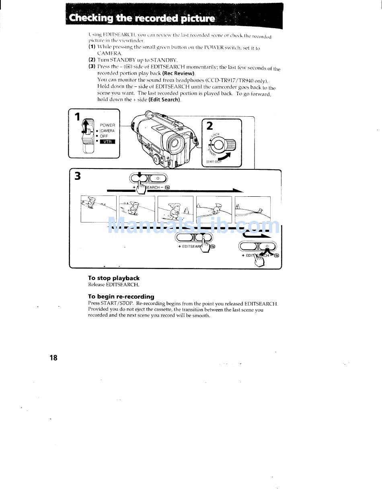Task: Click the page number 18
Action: [x=53, y=358]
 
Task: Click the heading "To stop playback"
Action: [x=114, y=278]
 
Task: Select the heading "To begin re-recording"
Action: [x=121, y=296]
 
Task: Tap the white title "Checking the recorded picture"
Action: [x=142, y=19]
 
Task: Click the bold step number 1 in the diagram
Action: [x=76, y=117]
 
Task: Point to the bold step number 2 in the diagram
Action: [x=209, y=126]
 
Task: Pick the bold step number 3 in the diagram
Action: [x=78, y=176]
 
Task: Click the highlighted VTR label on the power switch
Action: [x=107, y=142]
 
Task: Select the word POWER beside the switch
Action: [x=107, y=125]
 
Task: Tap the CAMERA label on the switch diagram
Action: [x=107, y=131]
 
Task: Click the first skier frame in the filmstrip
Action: [x=99, y=209]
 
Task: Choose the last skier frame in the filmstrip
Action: [x=253, y=209]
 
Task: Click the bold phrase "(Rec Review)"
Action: [x=179, y=73]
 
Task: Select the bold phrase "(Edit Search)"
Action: [x=164, y=99]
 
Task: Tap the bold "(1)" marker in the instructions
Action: [x=92, y=47]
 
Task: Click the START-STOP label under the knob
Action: [x=214, y=162]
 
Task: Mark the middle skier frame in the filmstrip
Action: [x=175, y=209]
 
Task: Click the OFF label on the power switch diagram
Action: [x=104, y=136]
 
